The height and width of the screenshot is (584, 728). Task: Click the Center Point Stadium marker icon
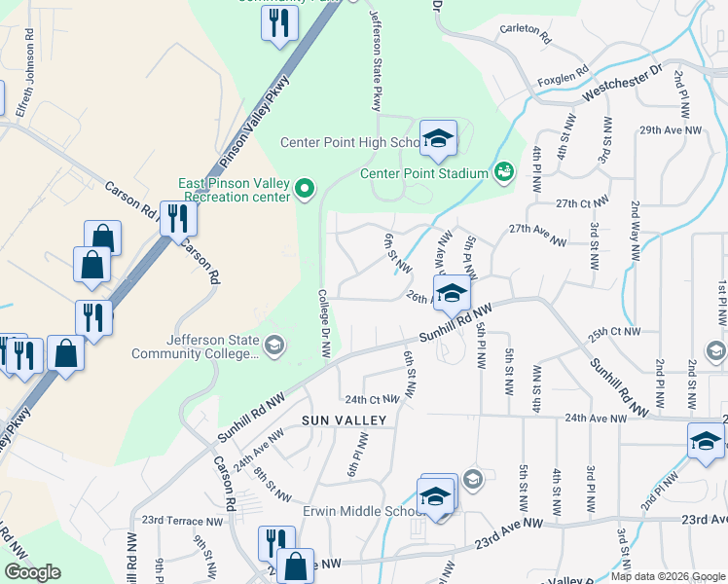pos(503,172)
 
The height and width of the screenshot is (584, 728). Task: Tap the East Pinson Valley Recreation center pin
pos(305,188)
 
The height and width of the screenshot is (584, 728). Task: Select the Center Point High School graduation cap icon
pos(438,138)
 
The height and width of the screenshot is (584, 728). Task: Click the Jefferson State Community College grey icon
pos(274,346)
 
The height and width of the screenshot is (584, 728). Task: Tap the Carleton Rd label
pos(526,33)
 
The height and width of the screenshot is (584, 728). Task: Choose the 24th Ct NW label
pos(372,399)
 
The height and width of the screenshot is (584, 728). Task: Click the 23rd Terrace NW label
pos(183,521)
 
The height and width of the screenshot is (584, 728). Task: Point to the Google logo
pos(32,572)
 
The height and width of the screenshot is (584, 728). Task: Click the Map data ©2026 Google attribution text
pos(667,576)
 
